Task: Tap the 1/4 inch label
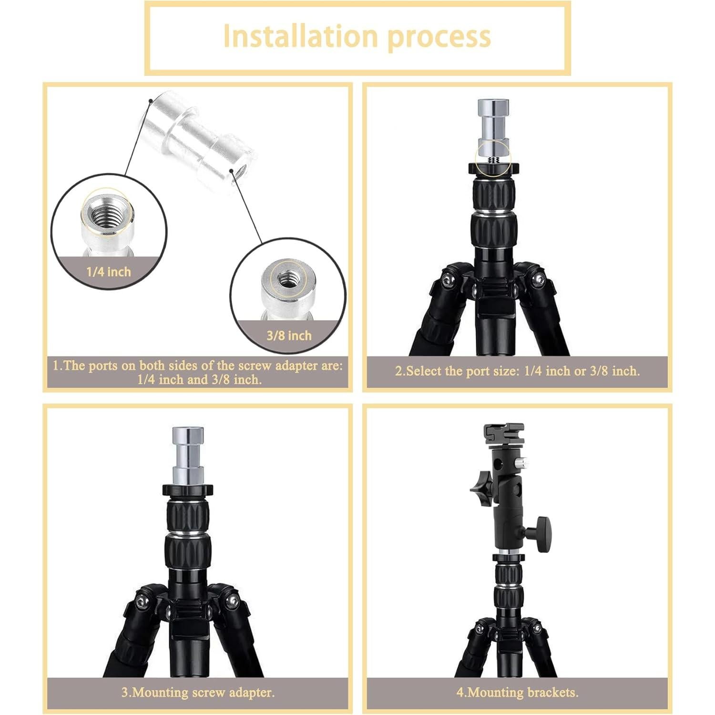pyautogui.click(x=108, y=272)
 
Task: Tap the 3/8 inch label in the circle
pyautogui.click(x=289, y=336)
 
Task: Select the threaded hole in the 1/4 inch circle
pyautogui.click(x=106, y=214)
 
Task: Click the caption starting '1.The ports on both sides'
pyautogui.click(x=198, y=372)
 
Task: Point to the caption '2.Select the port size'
pyautogui.click(x=517, y=371)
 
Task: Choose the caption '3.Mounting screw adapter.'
pyautogui.click(x=198, y=692)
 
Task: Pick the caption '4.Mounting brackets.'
pyautogui.click(x=517, y=692)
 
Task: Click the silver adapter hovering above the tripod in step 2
pyautogui.click(x=493, y=124)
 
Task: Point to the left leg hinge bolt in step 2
pyautogui.click(x=447, y=281)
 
